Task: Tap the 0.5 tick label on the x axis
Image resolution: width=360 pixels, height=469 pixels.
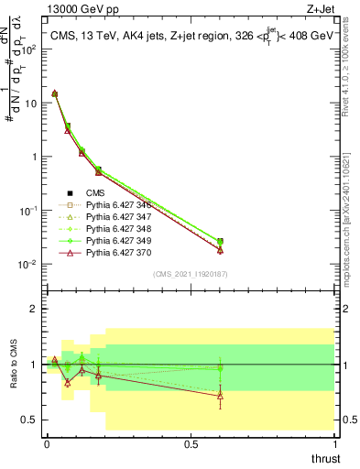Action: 191,443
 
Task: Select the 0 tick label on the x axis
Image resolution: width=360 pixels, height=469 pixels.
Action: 47,443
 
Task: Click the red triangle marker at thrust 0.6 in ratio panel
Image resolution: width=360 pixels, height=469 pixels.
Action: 220,395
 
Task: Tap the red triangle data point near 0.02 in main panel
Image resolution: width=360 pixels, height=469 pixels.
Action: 220,250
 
